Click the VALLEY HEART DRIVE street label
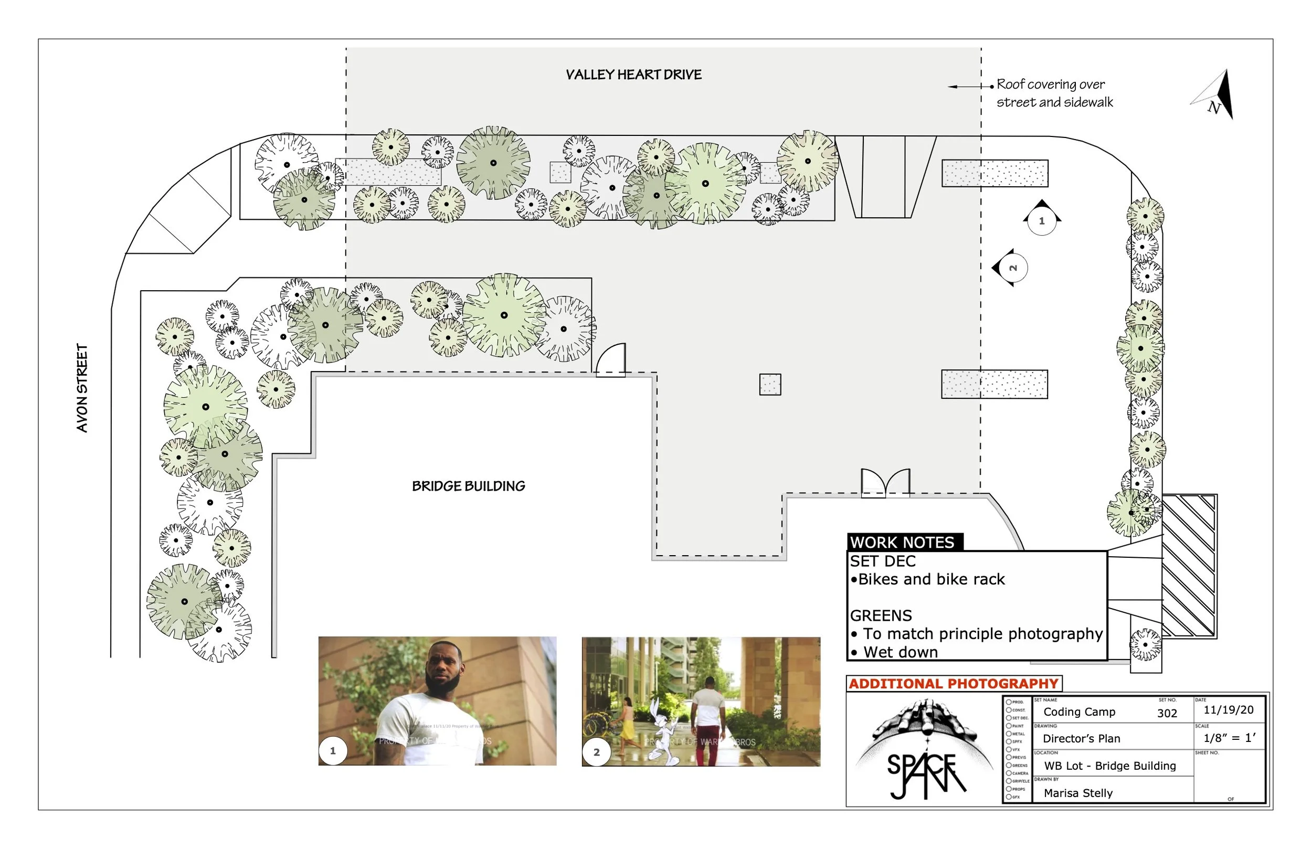pos(633,75)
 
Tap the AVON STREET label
pos(81,388)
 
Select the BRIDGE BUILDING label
pos(468,486)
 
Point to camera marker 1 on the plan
pos(1041,220)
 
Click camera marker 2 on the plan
pos(1012,268)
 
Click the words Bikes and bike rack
pos(931,579)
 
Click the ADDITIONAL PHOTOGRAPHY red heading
pos(953,683)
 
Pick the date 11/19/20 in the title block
pos(1228,709)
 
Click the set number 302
pos(1167,713)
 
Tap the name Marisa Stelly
pos(1078,793)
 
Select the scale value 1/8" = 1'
pos(1229,738)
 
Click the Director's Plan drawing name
pos(1081,738)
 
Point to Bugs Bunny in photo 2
pos(665,733)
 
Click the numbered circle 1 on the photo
pos(332,750)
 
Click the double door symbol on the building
pos(885,483)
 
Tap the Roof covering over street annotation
pos(1053,93)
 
